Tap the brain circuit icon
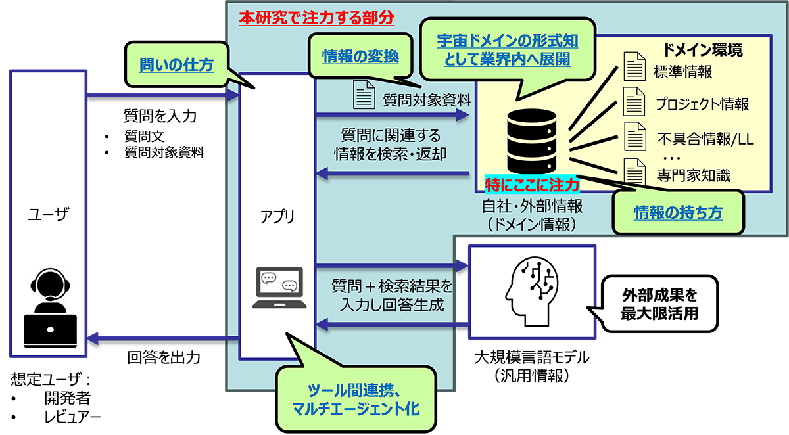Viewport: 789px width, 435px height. (x=531, y=290)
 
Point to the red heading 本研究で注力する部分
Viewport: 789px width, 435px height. (x=316, y=18)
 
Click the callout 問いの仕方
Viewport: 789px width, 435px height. (x=176, y=64)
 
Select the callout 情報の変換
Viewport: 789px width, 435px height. (x=360, y=57)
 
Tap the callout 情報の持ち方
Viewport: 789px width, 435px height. (x=677, y=212)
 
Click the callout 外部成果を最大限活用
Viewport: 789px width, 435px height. (x=659, y=304)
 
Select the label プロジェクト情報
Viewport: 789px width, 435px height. (x=702, y=104)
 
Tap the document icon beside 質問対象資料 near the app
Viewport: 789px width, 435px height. (x=364, y=94)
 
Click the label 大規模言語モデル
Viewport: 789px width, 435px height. (x=531, y=359)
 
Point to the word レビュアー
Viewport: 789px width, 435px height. (x=72, y=417)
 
